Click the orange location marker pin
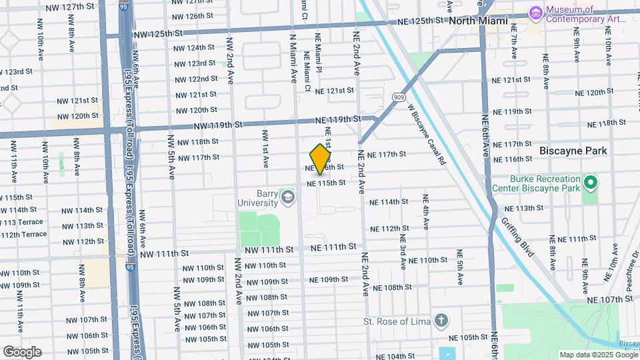point(321,159)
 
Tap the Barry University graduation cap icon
point(287,197)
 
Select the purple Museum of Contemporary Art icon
point(535,13)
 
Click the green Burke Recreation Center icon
point(589,181)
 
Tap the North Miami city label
point(478,21)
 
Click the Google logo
point(22,351)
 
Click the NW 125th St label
point(157,33)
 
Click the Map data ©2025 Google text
point(597,355)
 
